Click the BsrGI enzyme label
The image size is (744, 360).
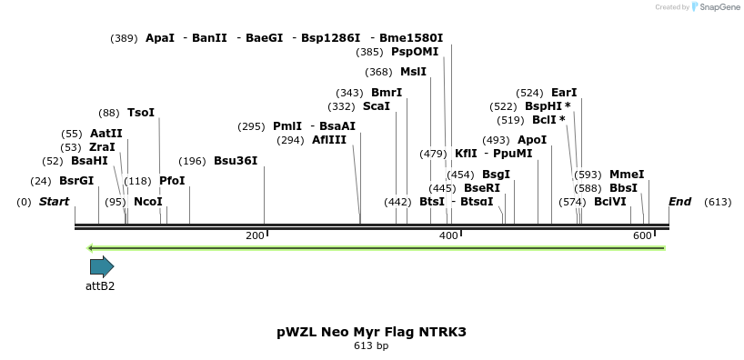click(76, 180)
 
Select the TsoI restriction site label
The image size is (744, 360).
click(141, 113)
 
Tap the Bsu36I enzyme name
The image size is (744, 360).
click(236, 161)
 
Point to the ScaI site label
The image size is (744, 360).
click(377, 106)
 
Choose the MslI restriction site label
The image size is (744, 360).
click(413, 72)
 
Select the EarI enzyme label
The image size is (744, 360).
click(564, 93)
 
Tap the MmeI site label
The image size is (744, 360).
click(627, 175)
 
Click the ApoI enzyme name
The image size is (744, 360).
click(532, 140)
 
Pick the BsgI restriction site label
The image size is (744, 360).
click(496, 175)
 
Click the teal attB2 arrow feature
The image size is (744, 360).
click(101, 266)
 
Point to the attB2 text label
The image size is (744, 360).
click(100, 285)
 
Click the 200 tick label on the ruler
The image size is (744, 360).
click(256, 236)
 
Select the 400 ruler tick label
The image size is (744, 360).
click(448, 236)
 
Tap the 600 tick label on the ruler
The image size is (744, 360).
click(641, 236)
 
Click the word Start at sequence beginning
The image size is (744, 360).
click(54, 201)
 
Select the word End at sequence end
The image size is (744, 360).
click(679, 201)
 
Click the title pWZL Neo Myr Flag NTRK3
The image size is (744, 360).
click(371, 332)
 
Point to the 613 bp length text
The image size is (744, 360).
click(371, 346)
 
